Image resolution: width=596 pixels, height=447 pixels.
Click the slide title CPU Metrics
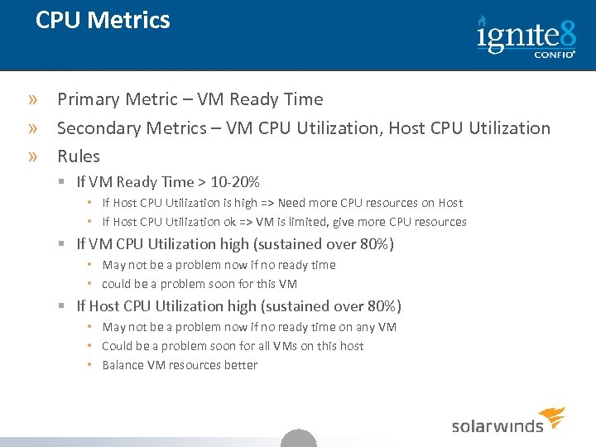(103, 21)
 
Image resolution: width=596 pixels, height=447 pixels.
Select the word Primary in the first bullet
(89, 99)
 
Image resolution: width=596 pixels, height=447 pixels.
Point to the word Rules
(79, 156)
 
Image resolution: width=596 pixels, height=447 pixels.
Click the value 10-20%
(236, 182)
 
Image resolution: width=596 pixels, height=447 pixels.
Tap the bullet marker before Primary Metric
(32, 100)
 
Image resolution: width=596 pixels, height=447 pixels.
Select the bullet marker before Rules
(32, 157)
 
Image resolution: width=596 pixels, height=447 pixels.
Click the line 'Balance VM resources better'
(180, 365)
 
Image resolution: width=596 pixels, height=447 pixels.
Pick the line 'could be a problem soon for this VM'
(199, 284)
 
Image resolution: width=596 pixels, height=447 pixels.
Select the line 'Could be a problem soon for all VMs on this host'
(233, 346)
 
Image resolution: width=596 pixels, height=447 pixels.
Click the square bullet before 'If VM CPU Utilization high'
(62, 245)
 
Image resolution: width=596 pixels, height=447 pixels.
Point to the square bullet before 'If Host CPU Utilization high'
(62, 307)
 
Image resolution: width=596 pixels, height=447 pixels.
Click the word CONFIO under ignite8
(552, 55)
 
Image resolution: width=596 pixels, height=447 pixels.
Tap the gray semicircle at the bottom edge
(299, 439)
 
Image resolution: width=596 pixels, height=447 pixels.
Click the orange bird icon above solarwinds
(552, 416)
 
